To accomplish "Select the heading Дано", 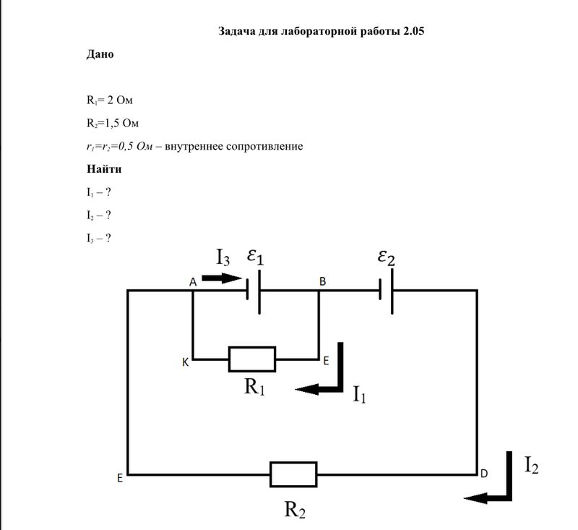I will coord(100,54).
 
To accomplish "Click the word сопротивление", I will coord(263,146).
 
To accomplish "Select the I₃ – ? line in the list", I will coord(98,238).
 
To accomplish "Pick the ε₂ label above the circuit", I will coord(386,257).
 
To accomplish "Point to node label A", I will coord(194,282).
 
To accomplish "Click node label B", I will coord(322,282).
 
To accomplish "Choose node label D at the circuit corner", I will coord(483,474).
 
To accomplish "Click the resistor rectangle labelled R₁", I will coord(252,359).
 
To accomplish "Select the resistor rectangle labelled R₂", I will coord(293,474).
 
